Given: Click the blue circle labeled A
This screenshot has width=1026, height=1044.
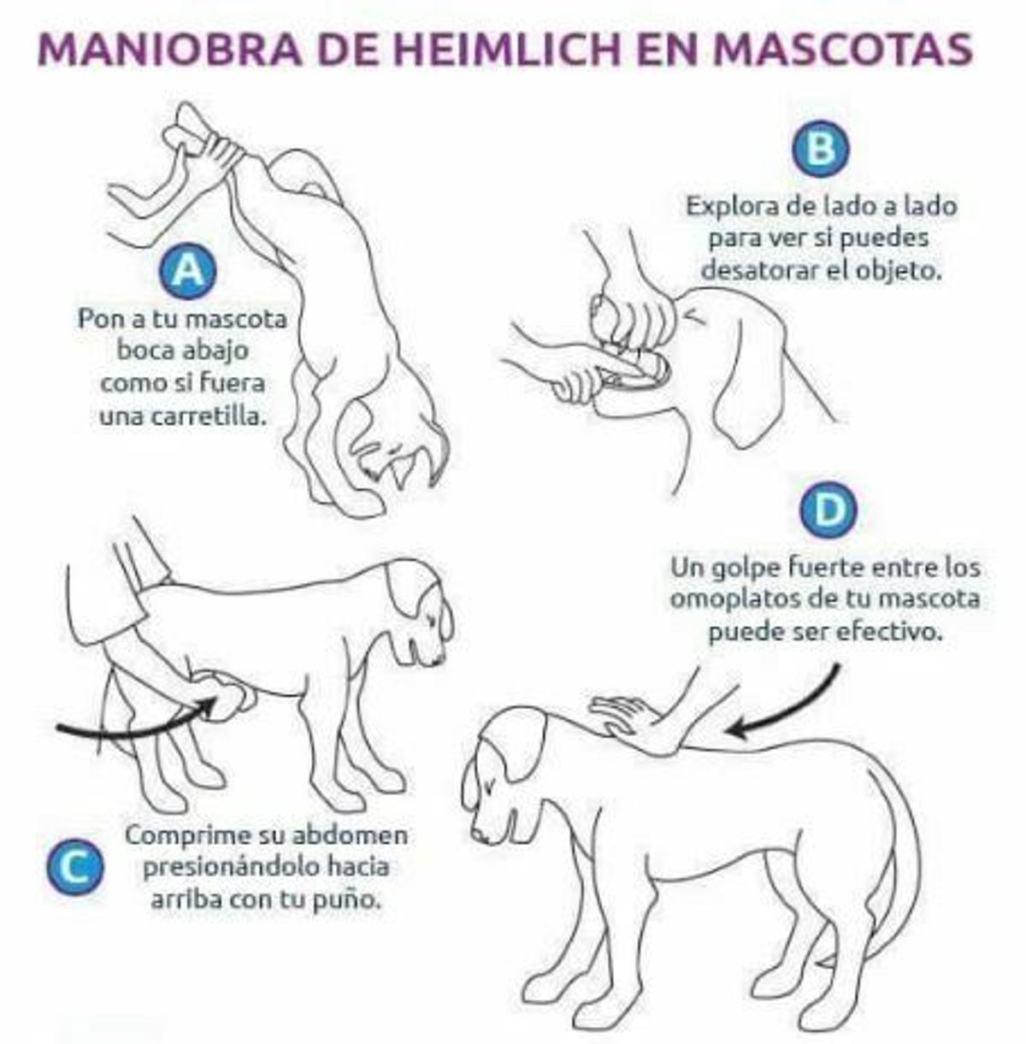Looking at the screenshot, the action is point(187,273).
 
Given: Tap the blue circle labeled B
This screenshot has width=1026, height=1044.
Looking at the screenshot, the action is point(821,149).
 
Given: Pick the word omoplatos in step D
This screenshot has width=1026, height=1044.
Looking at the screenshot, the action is point(730,599).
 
